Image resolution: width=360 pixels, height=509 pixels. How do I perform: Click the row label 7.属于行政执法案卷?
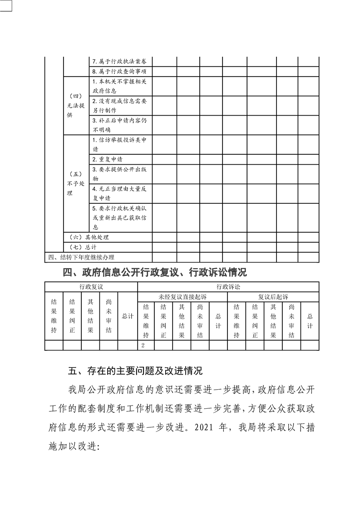pyautogui.click(x=119, y=61)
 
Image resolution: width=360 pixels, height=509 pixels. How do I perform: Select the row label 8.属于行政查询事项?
pyautogui.click(x=119, y=72)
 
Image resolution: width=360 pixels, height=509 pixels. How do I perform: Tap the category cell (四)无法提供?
pyautogui.click(x=75, y=106)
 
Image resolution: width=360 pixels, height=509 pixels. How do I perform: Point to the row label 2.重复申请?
pyautogui.click(x=107, y=160)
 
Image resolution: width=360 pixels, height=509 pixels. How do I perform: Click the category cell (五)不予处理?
pyautogui.click(x=75, y=184)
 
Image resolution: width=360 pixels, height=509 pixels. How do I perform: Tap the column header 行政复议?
pyautogui.click(x=91, y=287)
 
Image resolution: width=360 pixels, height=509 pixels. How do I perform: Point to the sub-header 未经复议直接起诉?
pyautogui.click(x=182, y=297)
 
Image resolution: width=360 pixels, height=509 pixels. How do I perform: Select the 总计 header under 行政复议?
pyautogui.click(x=128, y=316)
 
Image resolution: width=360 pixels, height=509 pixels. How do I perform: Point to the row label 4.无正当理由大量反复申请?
pyautogui.click(x=119, y=193)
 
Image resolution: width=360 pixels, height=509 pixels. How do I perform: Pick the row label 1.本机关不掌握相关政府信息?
pyautogui.click(x=119, y=87)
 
